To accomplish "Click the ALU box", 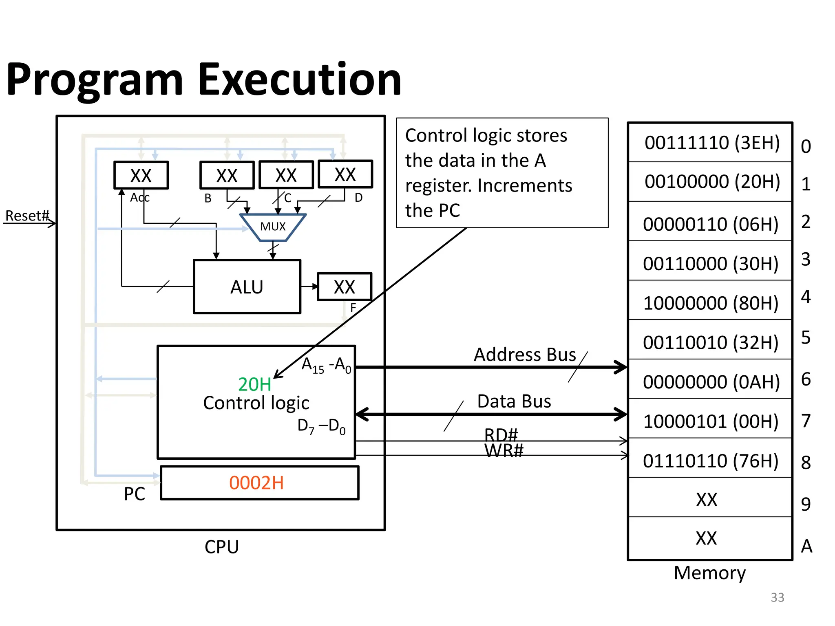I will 247,287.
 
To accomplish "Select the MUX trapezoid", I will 273,227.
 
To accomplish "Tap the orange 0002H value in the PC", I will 256,483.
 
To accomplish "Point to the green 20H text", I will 255,384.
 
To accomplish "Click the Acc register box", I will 141,176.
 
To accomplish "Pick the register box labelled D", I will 345,174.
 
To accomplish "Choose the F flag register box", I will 345,287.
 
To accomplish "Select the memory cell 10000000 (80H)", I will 710,303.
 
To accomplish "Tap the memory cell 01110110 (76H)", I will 710,461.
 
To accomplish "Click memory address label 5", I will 806,337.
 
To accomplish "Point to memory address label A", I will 806,546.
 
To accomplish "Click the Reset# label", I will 27,216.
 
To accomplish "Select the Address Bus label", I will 525,355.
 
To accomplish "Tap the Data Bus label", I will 514,401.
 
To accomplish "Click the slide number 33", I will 777,597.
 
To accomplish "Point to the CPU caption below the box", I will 221,547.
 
